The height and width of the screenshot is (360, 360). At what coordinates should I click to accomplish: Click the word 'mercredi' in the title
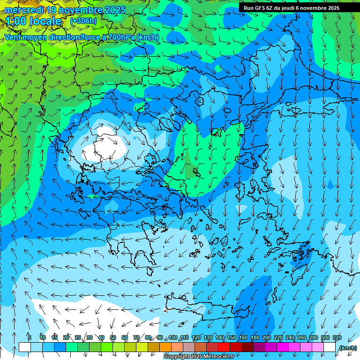[23, 10]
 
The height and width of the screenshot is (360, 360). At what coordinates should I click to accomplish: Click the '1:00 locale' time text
[34, 22]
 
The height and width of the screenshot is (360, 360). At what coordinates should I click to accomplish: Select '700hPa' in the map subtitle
[121, 37]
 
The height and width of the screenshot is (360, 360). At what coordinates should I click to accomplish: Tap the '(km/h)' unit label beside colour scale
[347, 348]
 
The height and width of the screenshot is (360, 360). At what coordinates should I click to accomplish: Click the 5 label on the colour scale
[29, 337]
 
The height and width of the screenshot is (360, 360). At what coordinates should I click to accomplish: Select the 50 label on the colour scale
[113, 337]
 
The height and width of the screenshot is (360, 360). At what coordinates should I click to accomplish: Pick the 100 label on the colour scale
[172, 337]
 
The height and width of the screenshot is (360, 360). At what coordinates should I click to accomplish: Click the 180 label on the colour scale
[255, 337]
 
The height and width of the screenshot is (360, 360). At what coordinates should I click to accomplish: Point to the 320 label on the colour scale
[337, 337]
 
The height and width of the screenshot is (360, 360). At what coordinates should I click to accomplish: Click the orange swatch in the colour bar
[165, 347]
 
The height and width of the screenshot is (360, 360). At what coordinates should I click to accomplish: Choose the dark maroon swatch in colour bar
[247, 347]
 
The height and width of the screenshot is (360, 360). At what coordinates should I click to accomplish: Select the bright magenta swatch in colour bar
[283, 347]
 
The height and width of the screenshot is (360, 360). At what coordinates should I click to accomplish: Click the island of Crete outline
[206, 307]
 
